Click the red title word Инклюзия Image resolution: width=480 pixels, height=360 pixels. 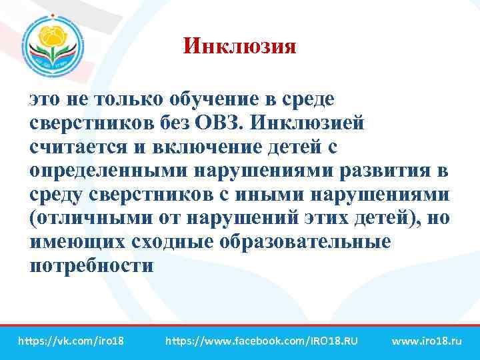239,46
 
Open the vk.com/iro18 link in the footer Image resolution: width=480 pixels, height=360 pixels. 71,341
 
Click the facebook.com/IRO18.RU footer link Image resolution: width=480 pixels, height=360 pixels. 261,341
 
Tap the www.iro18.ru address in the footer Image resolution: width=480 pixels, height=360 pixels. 427,341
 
